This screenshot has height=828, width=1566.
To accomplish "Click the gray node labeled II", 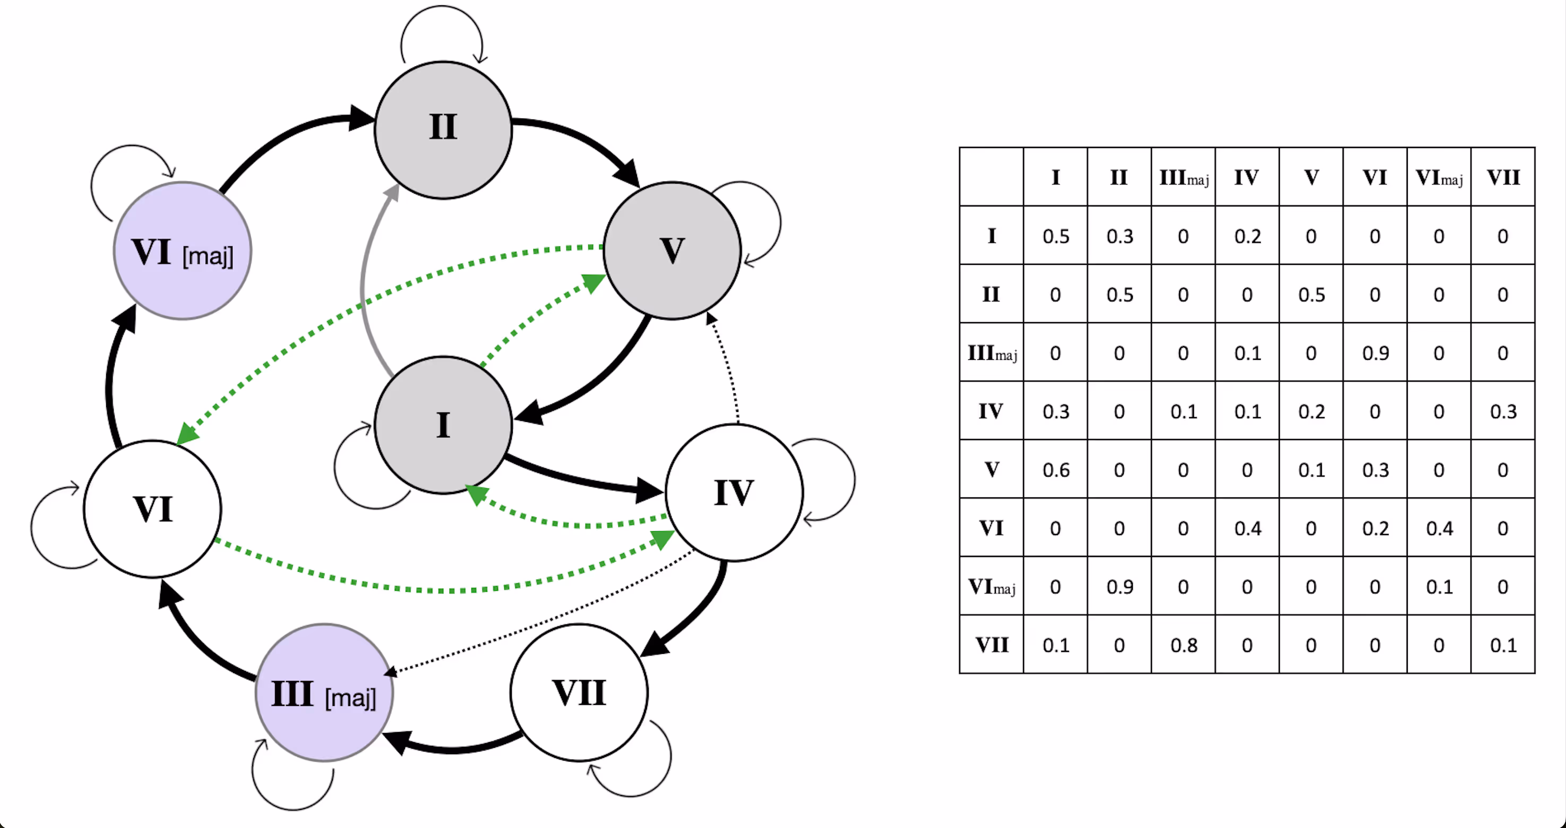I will point(443,130).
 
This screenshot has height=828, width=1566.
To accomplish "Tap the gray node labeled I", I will point(443,425).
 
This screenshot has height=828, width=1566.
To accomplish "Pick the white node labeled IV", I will point(734,493).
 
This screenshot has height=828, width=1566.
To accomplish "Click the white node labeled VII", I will point(579,693).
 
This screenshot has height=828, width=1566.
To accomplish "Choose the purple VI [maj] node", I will point(183,251).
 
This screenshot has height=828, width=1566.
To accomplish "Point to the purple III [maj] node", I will point(324,693).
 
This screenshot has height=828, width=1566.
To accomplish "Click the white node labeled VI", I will point(152,509).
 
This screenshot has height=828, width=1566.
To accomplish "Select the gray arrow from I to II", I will point(364,280).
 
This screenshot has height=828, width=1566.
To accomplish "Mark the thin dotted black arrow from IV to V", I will point(728,365).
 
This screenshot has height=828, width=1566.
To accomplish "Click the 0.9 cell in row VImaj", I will point(1119,586).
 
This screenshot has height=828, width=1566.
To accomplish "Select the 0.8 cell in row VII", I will point(1183,645).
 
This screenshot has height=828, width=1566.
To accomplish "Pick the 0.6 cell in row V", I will point(1055,470).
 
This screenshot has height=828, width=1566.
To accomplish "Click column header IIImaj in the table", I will point(1183,177).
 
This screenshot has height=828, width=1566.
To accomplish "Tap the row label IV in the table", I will point(991,411).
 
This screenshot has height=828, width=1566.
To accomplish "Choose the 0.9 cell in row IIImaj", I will point(1375,353).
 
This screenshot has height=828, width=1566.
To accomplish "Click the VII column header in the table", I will point(1503,177).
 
